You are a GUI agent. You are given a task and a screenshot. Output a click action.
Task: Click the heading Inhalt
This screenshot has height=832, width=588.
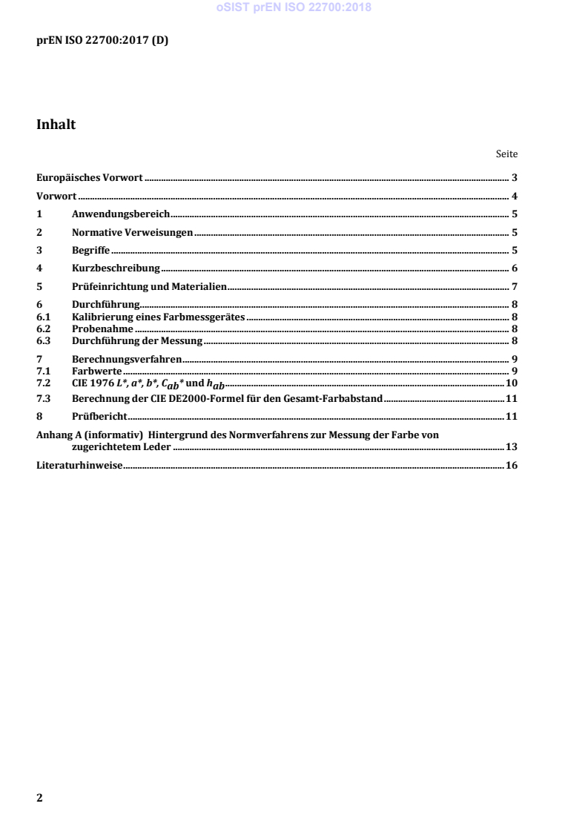click(56, 125)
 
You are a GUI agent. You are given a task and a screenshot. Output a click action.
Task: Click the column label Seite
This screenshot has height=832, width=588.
click(506, 155)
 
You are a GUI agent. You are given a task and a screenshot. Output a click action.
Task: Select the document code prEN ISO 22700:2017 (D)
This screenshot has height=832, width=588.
click(102, 40)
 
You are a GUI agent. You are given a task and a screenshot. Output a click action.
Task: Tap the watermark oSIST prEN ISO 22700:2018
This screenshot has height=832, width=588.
click(294, 9)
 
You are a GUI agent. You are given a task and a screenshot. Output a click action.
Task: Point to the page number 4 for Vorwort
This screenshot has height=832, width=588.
click(514, 197)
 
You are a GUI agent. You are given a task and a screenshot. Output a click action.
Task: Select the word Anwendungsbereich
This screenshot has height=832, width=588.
click(122, 214)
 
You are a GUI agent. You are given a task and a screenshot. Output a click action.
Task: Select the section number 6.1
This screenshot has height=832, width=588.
click(43, 317)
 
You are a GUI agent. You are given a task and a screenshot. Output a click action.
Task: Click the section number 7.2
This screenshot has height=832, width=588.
click(43, 383)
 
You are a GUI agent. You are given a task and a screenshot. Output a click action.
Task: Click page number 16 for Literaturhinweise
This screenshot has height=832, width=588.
click(511, 466)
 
